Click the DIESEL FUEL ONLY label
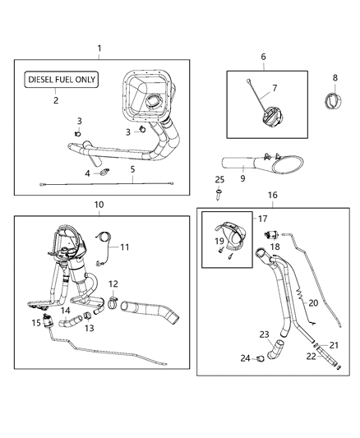pos(62,80)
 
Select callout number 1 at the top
pos(99,48)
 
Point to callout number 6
pos(263,57)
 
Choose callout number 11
pos(126,247)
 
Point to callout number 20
pos(313,302)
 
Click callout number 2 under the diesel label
pos(56,100)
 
